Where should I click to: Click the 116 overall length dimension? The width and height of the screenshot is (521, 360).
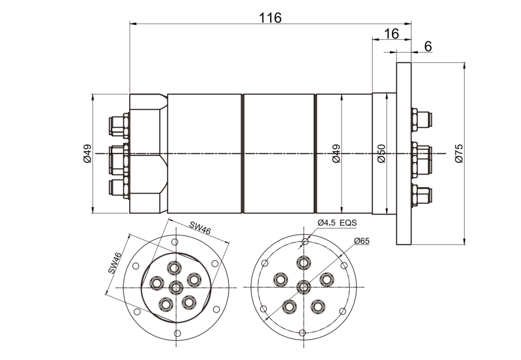270,18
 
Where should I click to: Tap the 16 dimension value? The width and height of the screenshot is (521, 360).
391,34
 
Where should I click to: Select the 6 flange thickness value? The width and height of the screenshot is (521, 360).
428,46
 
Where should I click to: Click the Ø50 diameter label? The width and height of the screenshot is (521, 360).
382,153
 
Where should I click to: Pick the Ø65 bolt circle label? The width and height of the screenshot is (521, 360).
361,241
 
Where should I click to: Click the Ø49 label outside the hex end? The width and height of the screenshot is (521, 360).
86,153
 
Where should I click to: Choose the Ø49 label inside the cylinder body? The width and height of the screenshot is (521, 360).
336,153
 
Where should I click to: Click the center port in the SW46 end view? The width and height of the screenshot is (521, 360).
176,287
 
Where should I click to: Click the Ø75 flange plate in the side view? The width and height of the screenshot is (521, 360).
403,153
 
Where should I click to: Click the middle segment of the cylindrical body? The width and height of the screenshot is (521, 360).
278,153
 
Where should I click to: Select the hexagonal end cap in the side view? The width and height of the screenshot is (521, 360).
148,153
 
